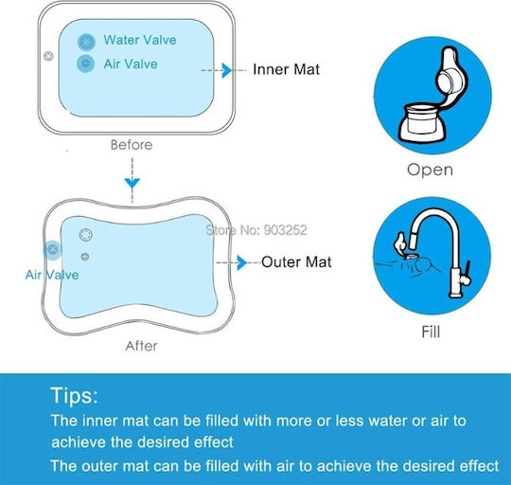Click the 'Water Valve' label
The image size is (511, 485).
click(x=140, y=40)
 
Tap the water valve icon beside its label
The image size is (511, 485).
click(x=86, y=42)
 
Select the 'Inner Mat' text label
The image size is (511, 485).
click(x=286, y=69)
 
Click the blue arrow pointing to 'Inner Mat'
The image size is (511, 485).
click(x=226, y=70)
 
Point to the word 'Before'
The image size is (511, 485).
click(x=132, y=145)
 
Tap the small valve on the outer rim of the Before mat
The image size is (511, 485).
click(x=48, y=56)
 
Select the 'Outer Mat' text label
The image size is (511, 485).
click(x=296, y=261)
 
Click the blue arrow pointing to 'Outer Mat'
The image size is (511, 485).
click(x=241, y=263)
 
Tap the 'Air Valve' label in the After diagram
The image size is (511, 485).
click(x=52, y=275)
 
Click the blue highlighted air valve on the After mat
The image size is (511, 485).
click(x=53, y=250)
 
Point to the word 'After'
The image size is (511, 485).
click(x=141, y=346)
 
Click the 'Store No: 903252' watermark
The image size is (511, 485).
click(x=256, y=230)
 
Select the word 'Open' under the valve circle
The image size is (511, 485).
click(x=430, y=170)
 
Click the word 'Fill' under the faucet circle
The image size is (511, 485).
click(x=431, y=332)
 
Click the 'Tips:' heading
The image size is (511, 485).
click(x=75, y=396)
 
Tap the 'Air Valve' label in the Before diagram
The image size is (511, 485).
click(x=131, y=64)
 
